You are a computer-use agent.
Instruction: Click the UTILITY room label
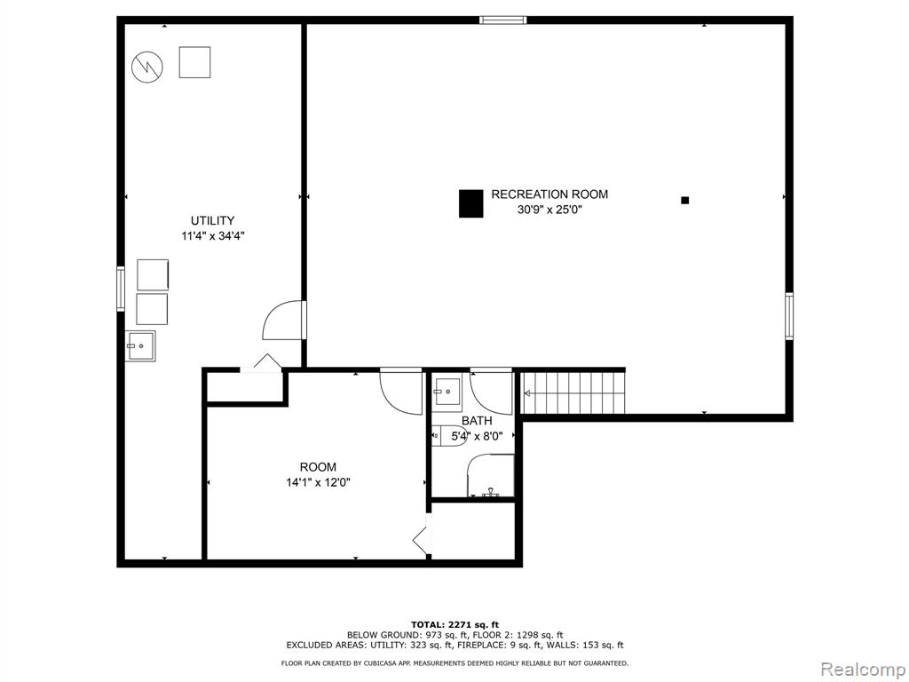click(x=212, y=220)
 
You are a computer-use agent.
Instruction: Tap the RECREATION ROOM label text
click(x=549, y=194)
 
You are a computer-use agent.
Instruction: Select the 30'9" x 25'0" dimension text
click(x=549, y=210)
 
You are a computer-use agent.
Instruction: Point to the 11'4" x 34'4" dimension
click(x=213, y=236)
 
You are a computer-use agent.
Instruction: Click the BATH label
click(x=477, y=421)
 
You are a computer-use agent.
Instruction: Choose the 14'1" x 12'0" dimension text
click(x=319, y=482)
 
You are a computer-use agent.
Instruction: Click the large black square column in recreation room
click(x=470, y=203)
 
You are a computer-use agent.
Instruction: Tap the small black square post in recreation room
click(x=684, y=200)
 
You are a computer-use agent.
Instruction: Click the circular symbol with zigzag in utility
click(x=147, y=67)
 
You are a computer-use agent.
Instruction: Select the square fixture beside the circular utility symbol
click(x=194, y=62)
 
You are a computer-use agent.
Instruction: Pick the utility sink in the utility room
click(x=140, y=345)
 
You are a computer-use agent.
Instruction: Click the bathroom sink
click(x=447, y=393)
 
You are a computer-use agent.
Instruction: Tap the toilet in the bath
click(x=449, y=435)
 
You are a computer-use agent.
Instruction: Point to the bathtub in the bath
click(x=490, y=476)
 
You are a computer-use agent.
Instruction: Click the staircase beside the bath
click(x=573, y=393)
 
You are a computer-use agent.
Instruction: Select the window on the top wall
click(x=503, y=20)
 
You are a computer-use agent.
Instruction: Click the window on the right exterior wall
click(x=789, y=316)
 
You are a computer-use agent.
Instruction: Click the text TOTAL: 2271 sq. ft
click(x=454, y=624)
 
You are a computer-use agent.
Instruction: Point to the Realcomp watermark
click(x=862, y=670)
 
